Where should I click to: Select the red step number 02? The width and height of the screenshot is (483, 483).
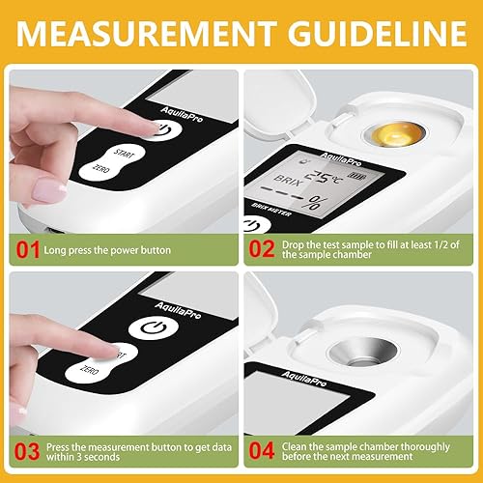264,251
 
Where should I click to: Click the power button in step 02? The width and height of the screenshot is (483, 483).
254,224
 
